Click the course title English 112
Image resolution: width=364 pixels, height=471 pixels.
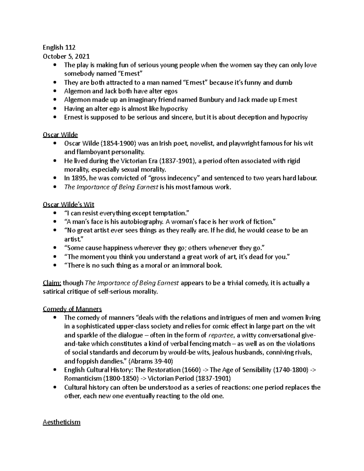[59, 47]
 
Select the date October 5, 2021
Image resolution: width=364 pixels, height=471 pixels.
[66, 56]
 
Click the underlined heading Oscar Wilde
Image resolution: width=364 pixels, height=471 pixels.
[60, 135]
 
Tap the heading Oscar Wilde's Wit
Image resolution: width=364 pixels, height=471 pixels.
[69, 204]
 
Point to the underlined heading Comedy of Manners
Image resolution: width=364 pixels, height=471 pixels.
[72, 309]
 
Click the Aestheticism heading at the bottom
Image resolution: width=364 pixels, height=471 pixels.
[62, 422]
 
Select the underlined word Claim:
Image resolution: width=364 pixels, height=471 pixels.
[52, 283]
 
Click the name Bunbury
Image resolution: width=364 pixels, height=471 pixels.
[210, 100]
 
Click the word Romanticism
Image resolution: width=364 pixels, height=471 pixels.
[83, 379]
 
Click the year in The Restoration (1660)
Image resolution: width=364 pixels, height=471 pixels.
[191, 370]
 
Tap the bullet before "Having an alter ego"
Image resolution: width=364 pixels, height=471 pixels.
[55, 109]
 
